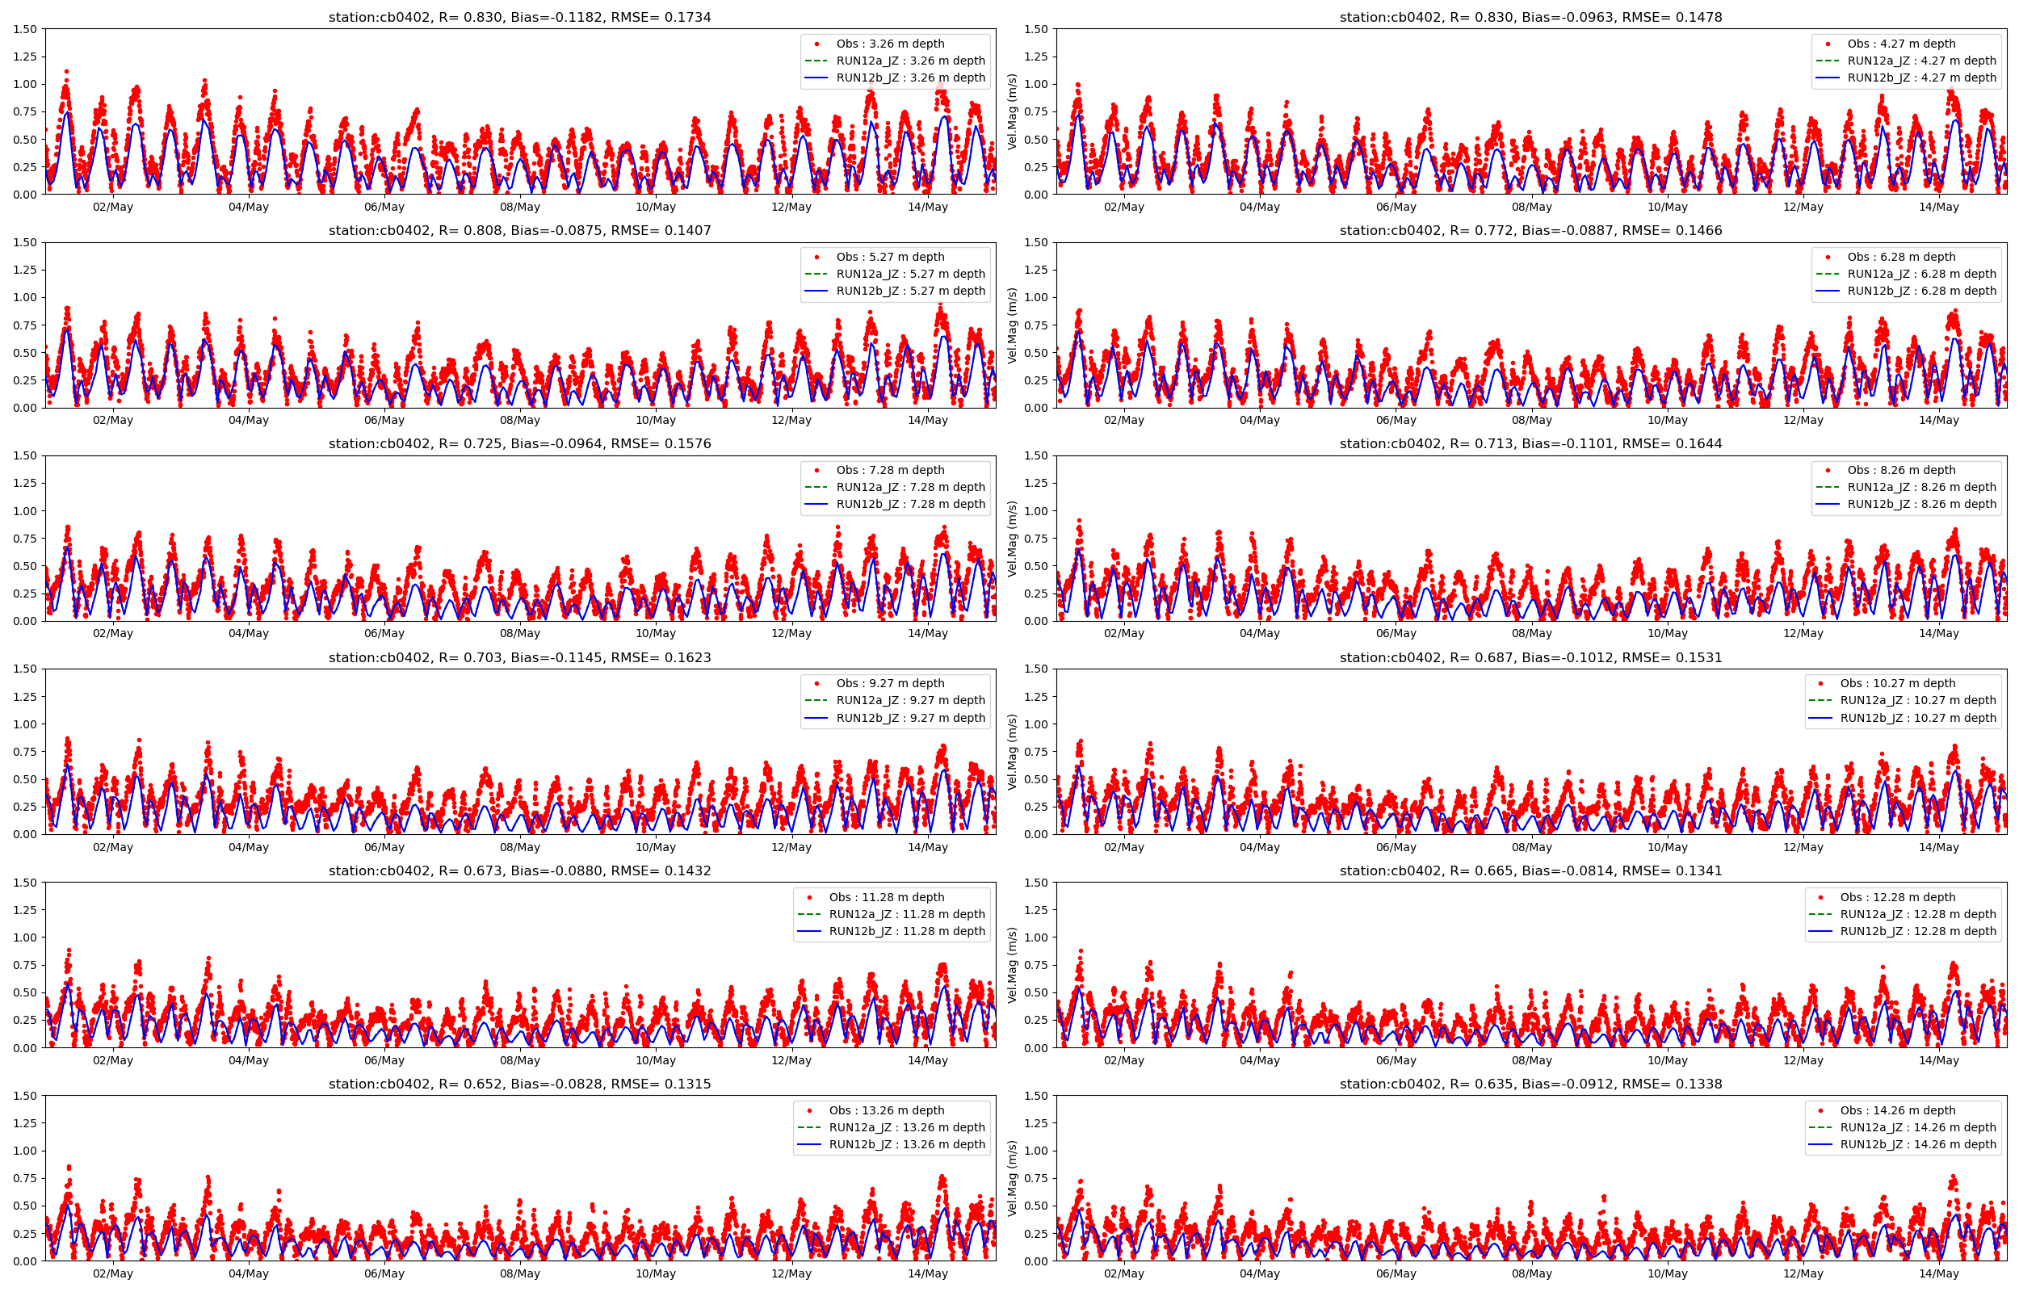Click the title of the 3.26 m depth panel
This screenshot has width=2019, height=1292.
tap(519, 17)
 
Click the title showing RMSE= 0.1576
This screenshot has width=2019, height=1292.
tap(519, 444)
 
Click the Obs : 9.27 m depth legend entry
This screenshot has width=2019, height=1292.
tap(890, 683)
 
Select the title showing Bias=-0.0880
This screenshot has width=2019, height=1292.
tap(519, 870)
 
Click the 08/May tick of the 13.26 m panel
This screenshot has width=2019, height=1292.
tap(520, 1273)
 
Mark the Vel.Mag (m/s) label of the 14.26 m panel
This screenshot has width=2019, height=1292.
tap(1013, 1178)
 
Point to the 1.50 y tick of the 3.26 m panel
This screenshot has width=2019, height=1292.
tap(25, 29)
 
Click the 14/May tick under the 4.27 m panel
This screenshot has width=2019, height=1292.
tap(1938, 208)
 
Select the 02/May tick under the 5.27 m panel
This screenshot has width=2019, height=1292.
tap(112, 421)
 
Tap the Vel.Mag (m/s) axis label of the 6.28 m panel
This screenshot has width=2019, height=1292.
tap(1013, 325)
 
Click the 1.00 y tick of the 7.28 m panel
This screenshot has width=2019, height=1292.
tap(25, 511)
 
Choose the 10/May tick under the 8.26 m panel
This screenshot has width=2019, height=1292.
tap(1667, 633)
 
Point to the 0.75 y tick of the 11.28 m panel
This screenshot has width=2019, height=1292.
tap(25, 965)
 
